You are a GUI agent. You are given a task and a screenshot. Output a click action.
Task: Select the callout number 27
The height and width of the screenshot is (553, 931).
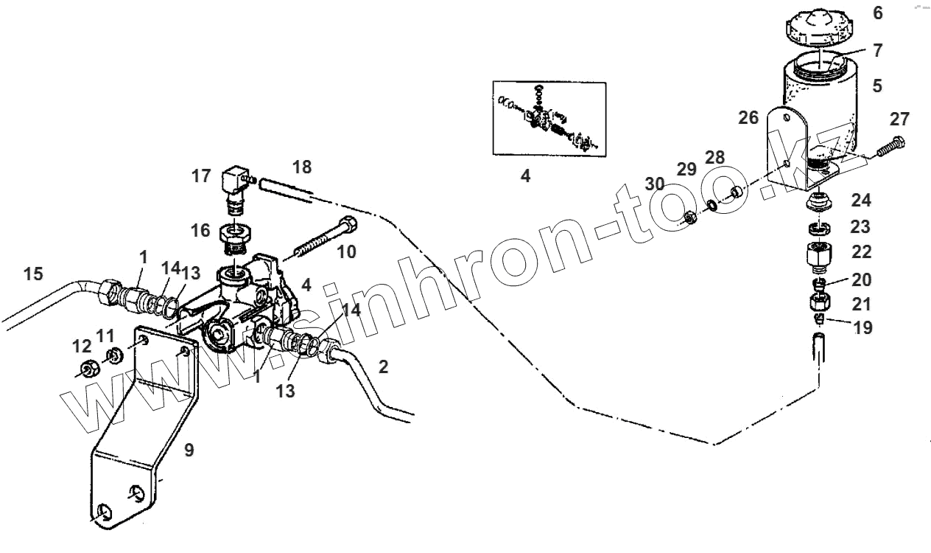[x=899, y=119]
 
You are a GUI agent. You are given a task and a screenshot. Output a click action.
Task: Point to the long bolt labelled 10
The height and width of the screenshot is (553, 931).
[x=322, y=237]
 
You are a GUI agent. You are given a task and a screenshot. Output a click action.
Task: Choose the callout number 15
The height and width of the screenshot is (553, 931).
[x=33, y=274]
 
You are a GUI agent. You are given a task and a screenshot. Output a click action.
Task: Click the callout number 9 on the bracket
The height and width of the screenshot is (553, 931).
[x=189, y=450]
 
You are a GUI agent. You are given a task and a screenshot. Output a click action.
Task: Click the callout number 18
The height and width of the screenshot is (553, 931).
[x=301, y=167]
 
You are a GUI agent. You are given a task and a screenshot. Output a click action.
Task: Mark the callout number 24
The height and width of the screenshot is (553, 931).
[x=861, y=200]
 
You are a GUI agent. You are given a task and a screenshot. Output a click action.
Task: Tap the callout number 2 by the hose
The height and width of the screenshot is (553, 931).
[x=383, y=366]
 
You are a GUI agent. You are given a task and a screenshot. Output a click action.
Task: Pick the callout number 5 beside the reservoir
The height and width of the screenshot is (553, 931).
[x=876, y=86]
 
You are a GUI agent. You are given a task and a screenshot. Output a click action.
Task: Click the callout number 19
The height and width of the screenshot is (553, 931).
[x=863, y=327]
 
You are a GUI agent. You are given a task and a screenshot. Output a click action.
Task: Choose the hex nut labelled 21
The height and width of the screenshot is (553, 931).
[x=820, y=302]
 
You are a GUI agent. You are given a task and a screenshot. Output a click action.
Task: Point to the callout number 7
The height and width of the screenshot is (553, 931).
[x=876, y=51]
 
